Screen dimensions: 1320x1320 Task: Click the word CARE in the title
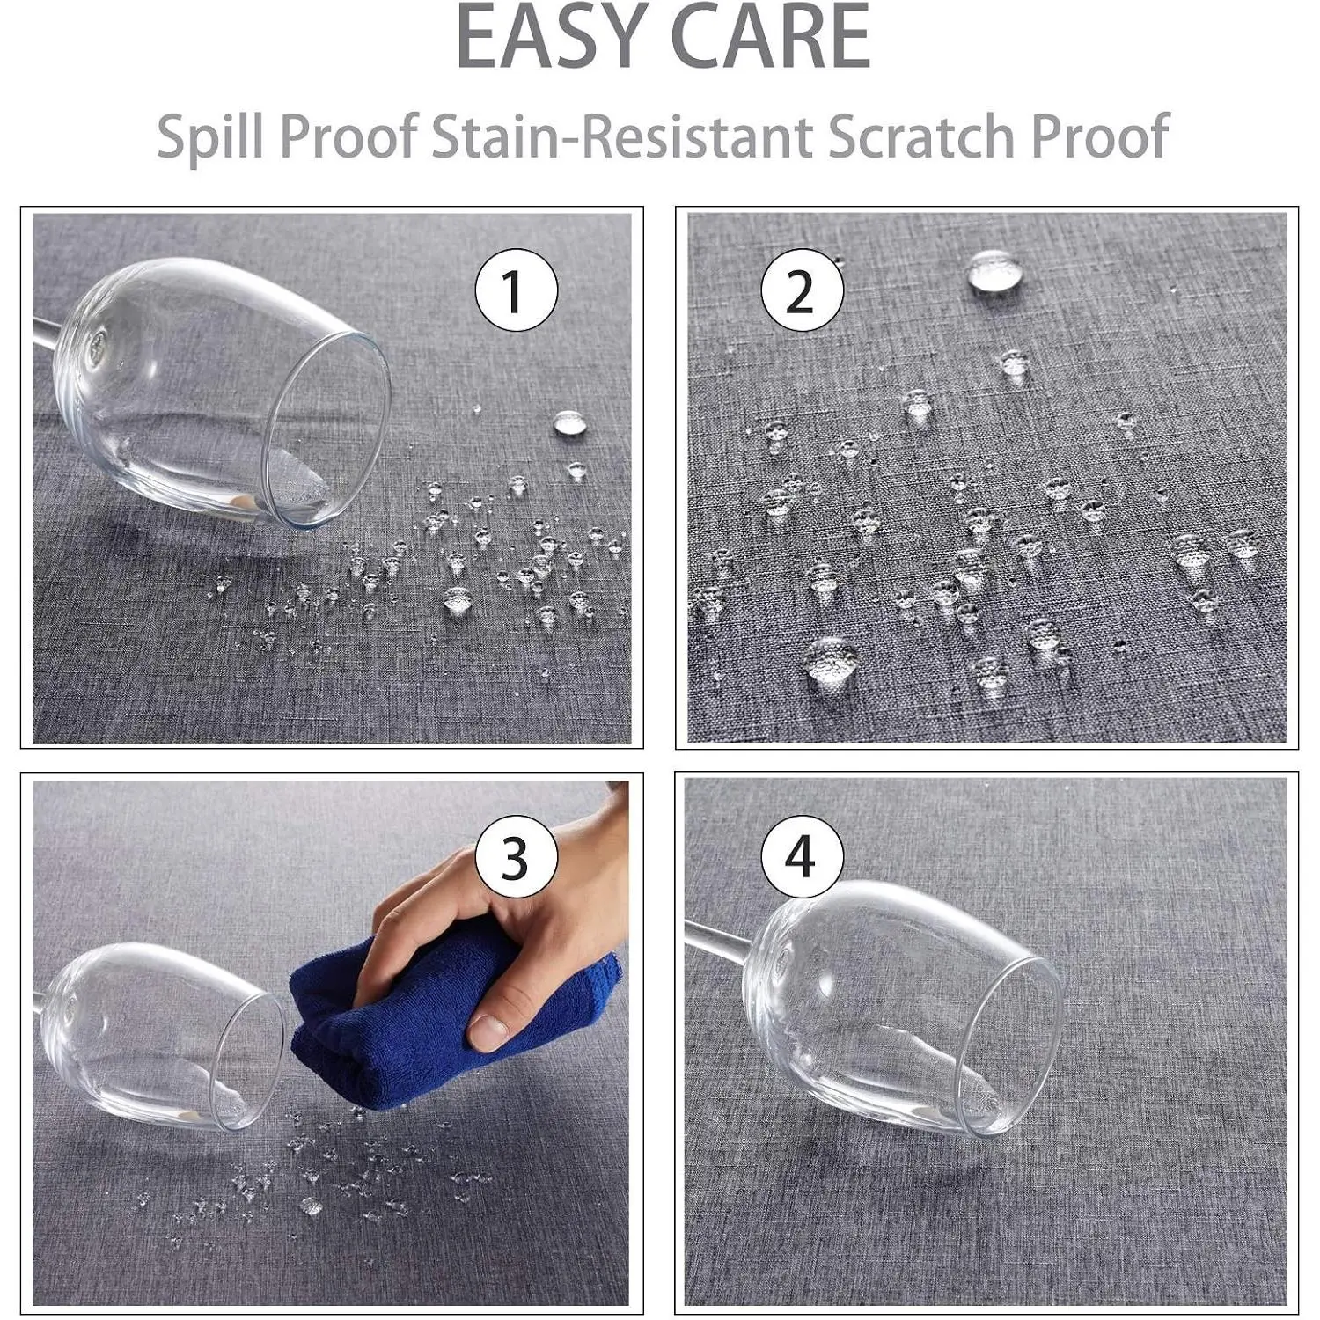tap(772, 38)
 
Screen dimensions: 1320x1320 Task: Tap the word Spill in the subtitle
tap(209, 137)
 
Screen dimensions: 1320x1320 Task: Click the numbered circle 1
tap(517, 290)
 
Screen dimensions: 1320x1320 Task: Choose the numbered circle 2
tap(802, 290)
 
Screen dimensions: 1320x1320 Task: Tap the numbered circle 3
tap(517, 856)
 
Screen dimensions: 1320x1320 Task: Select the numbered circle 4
tap(802, 856)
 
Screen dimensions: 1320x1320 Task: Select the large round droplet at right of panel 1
tap(571, 424)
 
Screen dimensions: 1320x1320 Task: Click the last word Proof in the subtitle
tap(1099, 136)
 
